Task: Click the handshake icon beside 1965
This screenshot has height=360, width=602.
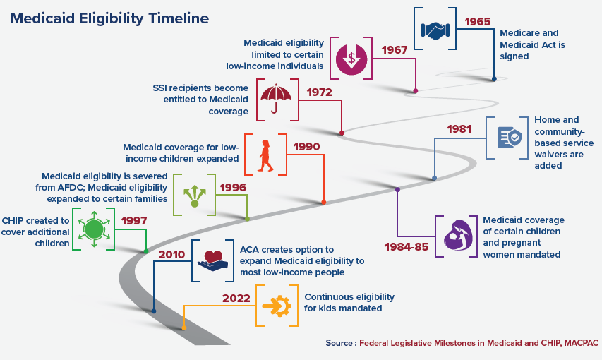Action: click(435, 30)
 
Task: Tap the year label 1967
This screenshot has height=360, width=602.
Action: click(395, 50)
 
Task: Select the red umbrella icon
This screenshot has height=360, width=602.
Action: click(276, 98)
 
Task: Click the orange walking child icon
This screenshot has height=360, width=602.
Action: click(265, 155)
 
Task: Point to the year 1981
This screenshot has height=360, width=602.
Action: click(459, 128)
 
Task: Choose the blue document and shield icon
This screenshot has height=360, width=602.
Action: click(510, 138)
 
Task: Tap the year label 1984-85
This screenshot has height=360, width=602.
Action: click(407, 246)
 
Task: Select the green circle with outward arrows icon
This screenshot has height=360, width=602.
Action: click(94, 229)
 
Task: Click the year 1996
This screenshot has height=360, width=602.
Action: click(233, 188)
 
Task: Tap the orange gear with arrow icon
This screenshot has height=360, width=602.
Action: click(277, 306)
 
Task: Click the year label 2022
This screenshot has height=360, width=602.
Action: click(236, 298)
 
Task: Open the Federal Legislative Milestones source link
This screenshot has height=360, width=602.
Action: click(478, 343)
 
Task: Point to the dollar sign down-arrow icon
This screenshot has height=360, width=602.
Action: click(351, 59)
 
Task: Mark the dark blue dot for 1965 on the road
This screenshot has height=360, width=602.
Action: click(494, 79)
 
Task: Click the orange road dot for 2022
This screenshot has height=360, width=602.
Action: click(184, 328)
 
